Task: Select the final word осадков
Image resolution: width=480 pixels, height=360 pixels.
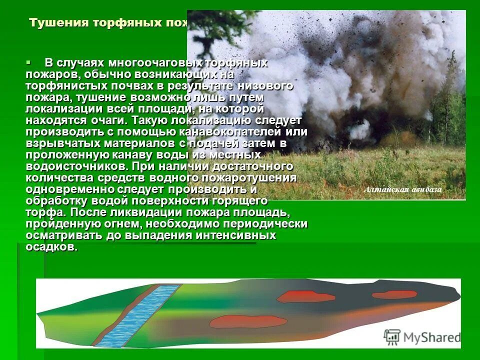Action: point(52,247)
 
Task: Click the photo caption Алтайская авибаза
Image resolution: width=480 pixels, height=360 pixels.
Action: point(403,189)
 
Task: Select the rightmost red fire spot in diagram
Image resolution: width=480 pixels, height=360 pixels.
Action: point(394,294)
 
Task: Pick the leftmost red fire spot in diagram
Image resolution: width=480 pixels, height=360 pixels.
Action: point(249,321)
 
